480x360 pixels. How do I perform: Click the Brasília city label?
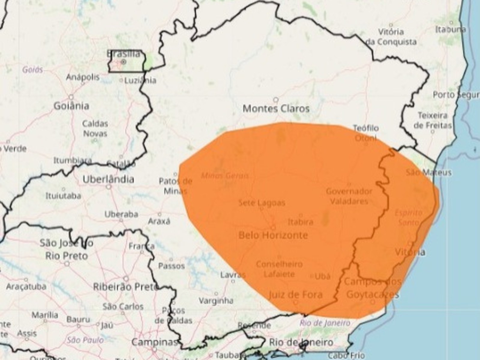[123, 54]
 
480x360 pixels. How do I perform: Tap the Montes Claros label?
[276, 109]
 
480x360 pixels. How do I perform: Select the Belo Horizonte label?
[273, 235]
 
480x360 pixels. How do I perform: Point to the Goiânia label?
[71, 106]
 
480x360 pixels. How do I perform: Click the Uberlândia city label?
[108, 179]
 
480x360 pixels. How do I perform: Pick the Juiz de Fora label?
[295, 294]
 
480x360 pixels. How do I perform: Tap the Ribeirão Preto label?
[126, 287]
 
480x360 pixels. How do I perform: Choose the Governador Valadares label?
[349, 196]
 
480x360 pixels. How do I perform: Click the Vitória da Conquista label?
[391, 37]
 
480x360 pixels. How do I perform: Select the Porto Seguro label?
[455, 95]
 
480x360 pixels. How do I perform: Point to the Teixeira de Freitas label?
[432, 120]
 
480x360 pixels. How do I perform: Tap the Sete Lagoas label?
[262, 203]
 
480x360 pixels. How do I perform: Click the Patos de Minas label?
[176, 186]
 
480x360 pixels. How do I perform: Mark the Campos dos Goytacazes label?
[373, 288]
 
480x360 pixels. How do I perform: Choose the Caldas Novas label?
[95, 128]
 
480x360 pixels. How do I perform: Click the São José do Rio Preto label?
[66, 249]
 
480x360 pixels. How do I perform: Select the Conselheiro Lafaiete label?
[279, 269]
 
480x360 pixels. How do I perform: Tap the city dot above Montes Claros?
[276, 100]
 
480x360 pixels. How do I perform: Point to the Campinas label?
[155, 342]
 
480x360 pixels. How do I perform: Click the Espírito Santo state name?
[409, 217]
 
